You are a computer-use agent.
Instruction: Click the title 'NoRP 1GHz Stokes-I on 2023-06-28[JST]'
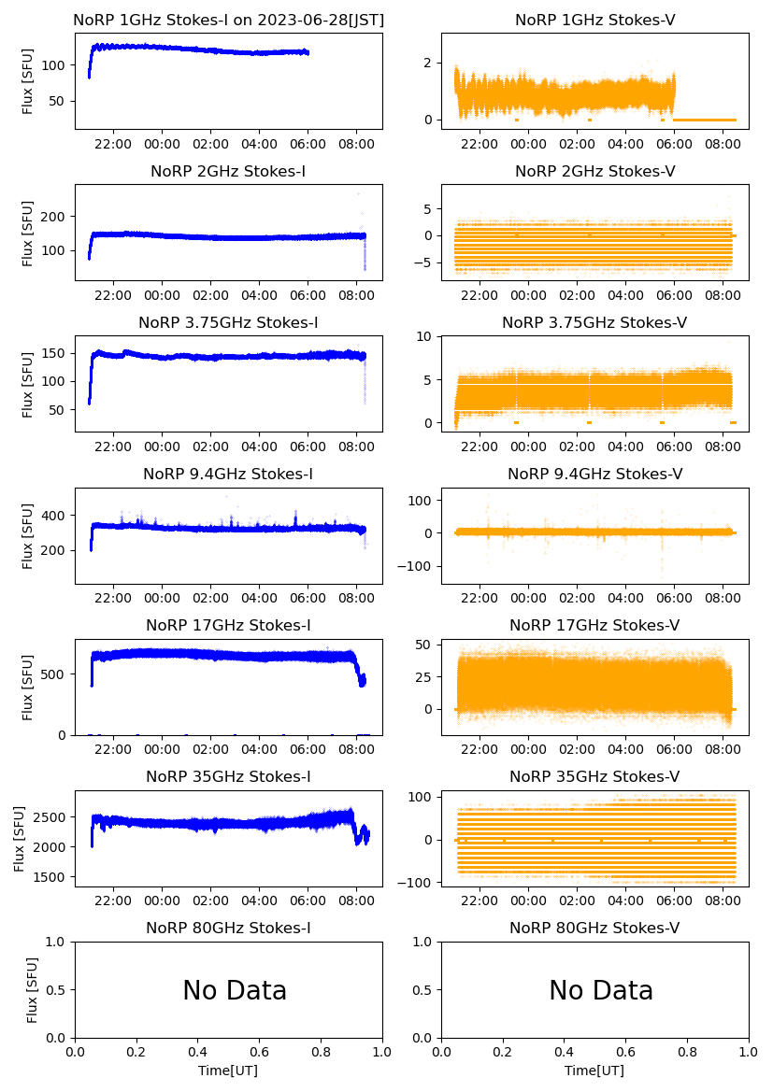point(228,20)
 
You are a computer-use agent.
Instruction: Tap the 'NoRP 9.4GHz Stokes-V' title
point(594,475)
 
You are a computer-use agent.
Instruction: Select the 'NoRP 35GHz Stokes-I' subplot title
point(228,777)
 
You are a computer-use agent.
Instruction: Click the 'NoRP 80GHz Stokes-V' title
point(594,929)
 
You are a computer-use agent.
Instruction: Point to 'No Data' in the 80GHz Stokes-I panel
point(235,990)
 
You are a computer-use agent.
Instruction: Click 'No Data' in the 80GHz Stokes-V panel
point(601,990)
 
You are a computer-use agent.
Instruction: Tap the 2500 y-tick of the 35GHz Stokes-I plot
point(54,817)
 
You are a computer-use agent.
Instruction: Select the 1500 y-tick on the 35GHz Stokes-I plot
point(54,878)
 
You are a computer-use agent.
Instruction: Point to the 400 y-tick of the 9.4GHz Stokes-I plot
point(58,516)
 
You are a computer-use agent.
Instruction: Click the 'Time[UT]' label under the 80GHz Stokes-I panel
point(228,1071)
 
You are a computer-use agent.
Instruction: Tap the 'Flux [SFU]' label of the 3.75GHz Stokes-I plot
point(28,384)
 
